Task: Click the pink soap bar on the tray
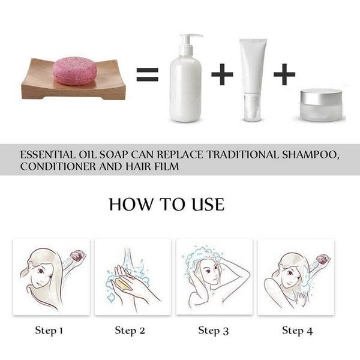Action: pos(74,71)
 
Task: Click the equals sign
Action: pos(146,74)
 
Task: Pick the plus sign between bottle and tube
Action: pos(221,74)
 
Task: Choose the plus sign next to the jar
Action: pos(284,74)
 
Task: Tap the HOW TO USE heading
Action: pos(167,205)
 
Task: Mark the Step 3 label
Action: pos(214,330)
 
